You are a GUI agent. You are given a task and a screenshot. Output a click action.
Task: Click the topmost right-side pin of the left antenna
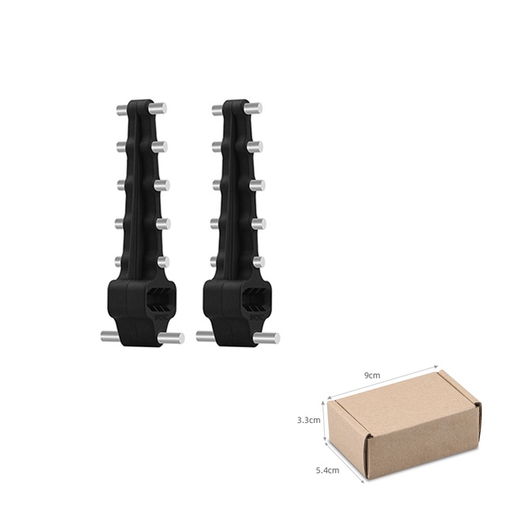(160, 108)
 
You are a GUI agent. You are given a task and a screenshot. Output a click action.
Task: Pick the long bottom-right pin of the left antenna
(172, 338)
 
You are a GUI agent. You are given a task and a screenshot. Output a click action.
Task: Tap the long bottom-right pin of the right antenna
(266, 338)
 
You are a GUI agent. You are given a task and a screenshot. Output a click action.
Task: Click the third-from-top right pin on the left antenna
(161, 185)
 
